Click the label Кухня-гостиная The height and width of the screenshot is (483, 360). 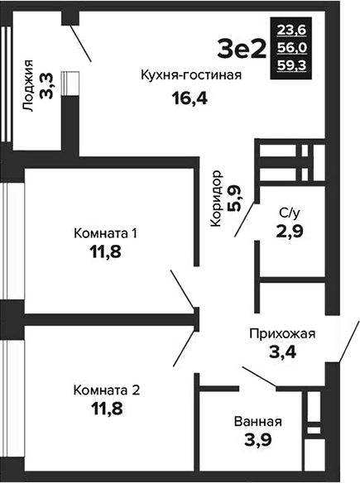point(191,75)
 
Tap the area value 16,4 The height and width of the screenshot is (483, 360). point(190,98)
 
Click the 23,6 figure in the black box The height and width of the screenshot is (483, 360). point(291,30)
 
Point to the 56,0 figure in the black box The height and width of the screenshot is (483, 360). point(291,48)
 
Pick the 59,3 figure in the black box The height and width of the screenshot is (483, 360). point(291,65)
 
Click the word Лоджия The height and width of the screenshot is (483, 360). point(28,85)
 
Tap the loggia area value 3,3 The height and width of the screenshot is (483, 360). point(46,86)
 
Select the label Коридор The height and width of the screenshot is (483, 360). point(216,198)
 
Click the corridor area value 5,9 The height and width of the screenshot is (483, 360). point(234,198)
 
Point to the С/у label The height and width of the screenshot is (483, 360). point(289,213)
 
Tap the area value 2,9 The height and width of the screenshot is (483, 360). point(290,231)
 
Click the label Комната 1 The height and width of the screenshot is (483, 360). point(105,233)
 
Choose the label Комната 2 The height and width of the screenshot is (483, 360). point(107,390)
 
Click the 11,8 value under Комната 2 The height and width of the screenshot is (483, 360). point(107,408)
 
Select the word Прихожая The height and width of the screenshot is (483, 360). point(282,334)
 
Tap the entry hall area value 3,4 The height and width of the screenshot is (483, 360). point(283,351)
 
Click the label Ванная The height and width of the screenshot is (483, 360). point(258,422)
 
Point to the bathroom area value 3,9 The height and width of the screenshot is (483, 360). point(258,439)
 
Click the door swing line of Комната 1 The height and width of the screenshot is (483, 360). point(182,289)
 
